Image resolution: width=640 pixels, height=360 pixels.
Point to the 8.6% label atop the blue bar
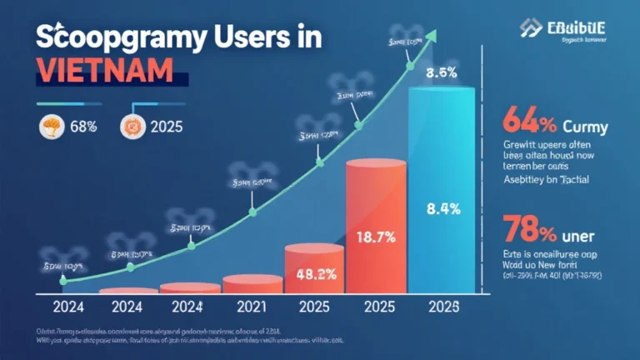pyautogui.click(x=442, y=72)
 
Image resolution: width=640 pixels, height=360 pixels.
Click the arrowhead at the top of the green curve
pyautogui.click(x=432, y=36)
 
